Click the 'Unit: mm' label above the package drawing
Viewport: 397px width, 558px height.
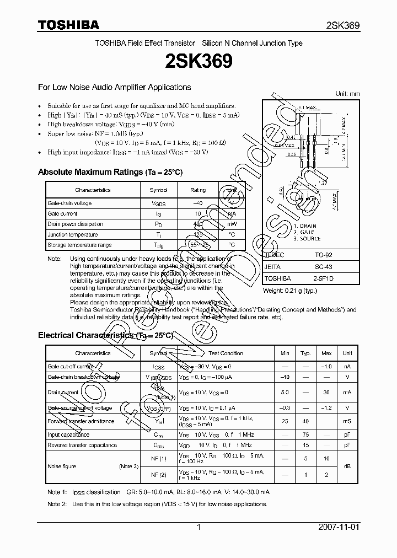pos(347,94)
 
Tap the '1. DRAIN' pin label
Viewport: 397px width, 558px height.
pos(305,226)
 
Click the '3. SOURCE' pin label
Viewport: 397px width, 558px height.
pos(307,238)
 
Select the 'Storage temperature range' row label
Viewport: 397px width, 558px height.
pos(79,245)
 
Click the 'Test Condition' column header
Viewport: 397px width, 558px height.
pos(226,353)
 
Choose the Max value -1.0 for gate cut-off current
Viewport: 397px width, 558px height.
pos(326,366)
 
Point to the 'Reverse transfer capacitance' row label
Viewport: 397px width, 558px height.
pos(82,445)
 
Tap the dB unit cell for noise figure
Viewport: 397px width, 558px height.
pos(347,466)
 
